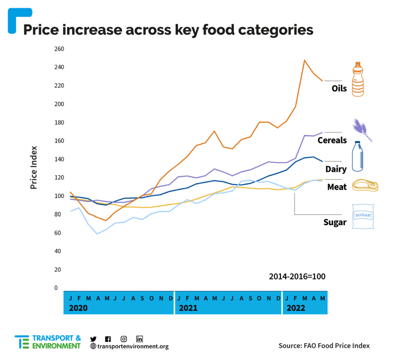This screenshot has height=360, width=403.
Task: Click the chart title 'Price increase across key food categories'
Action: (168, 29)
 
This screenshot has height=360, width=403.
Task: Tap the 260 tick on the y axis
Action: (59, 49)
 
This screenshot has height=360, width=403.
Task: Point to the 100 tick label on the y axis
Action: (59, 196)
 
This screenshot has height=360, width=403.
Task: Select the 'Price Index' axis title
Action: (34, 167)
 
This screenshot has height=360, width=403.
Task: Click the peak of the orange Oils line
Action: (305, 60)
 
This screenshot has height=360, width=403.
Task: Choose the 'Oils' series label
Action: (339, 89)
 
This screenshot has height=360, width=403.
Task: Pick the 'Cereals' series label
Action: (332, 140)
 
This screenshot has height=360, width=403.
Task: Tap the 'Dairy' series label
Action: (336, 169)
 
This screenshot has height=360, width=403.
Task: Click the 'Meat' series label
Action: (337, 187)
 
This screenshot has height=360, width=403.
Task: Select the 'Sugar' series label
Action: (335, 223)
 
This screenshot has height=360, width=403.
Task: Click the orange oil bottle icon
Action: (358, 79)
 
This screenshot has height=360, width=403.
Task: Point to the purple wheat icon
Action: (362, 129)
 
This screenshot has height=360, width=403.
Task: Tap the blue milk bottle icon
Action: (357, 156)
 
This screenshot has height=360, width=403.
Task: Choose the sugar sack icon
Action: (363, 217)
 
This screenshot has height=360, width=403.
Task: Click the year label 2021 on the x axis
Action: (188, 308)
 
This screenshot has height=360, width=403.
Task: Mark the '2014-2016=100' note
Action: (297, 277)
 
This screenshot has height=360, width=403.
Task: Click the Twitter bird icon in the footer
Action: (93, 339)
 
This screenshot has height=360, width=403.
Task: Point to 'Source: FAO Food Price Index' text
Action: (324, 346)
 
